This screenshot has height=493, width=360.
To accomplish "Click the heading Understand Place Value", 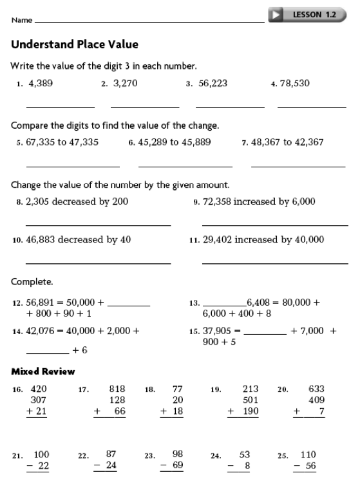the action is [75, 45].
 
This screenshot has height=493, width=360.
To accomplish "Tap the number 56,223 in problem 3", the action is [213, 83].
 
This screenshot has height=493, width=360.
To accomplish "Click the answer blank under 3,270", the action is [145, 106].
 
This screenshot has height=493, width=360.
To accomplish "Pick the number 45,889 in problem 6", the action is [196, 142].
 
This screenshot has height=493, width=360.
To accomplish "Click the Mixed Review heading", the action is [43, 371].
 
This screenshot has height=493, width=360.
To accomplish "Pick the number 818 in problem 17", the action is [117, 389].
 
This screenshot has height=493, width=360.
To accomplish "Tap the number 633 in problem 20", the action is [316, 389].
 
